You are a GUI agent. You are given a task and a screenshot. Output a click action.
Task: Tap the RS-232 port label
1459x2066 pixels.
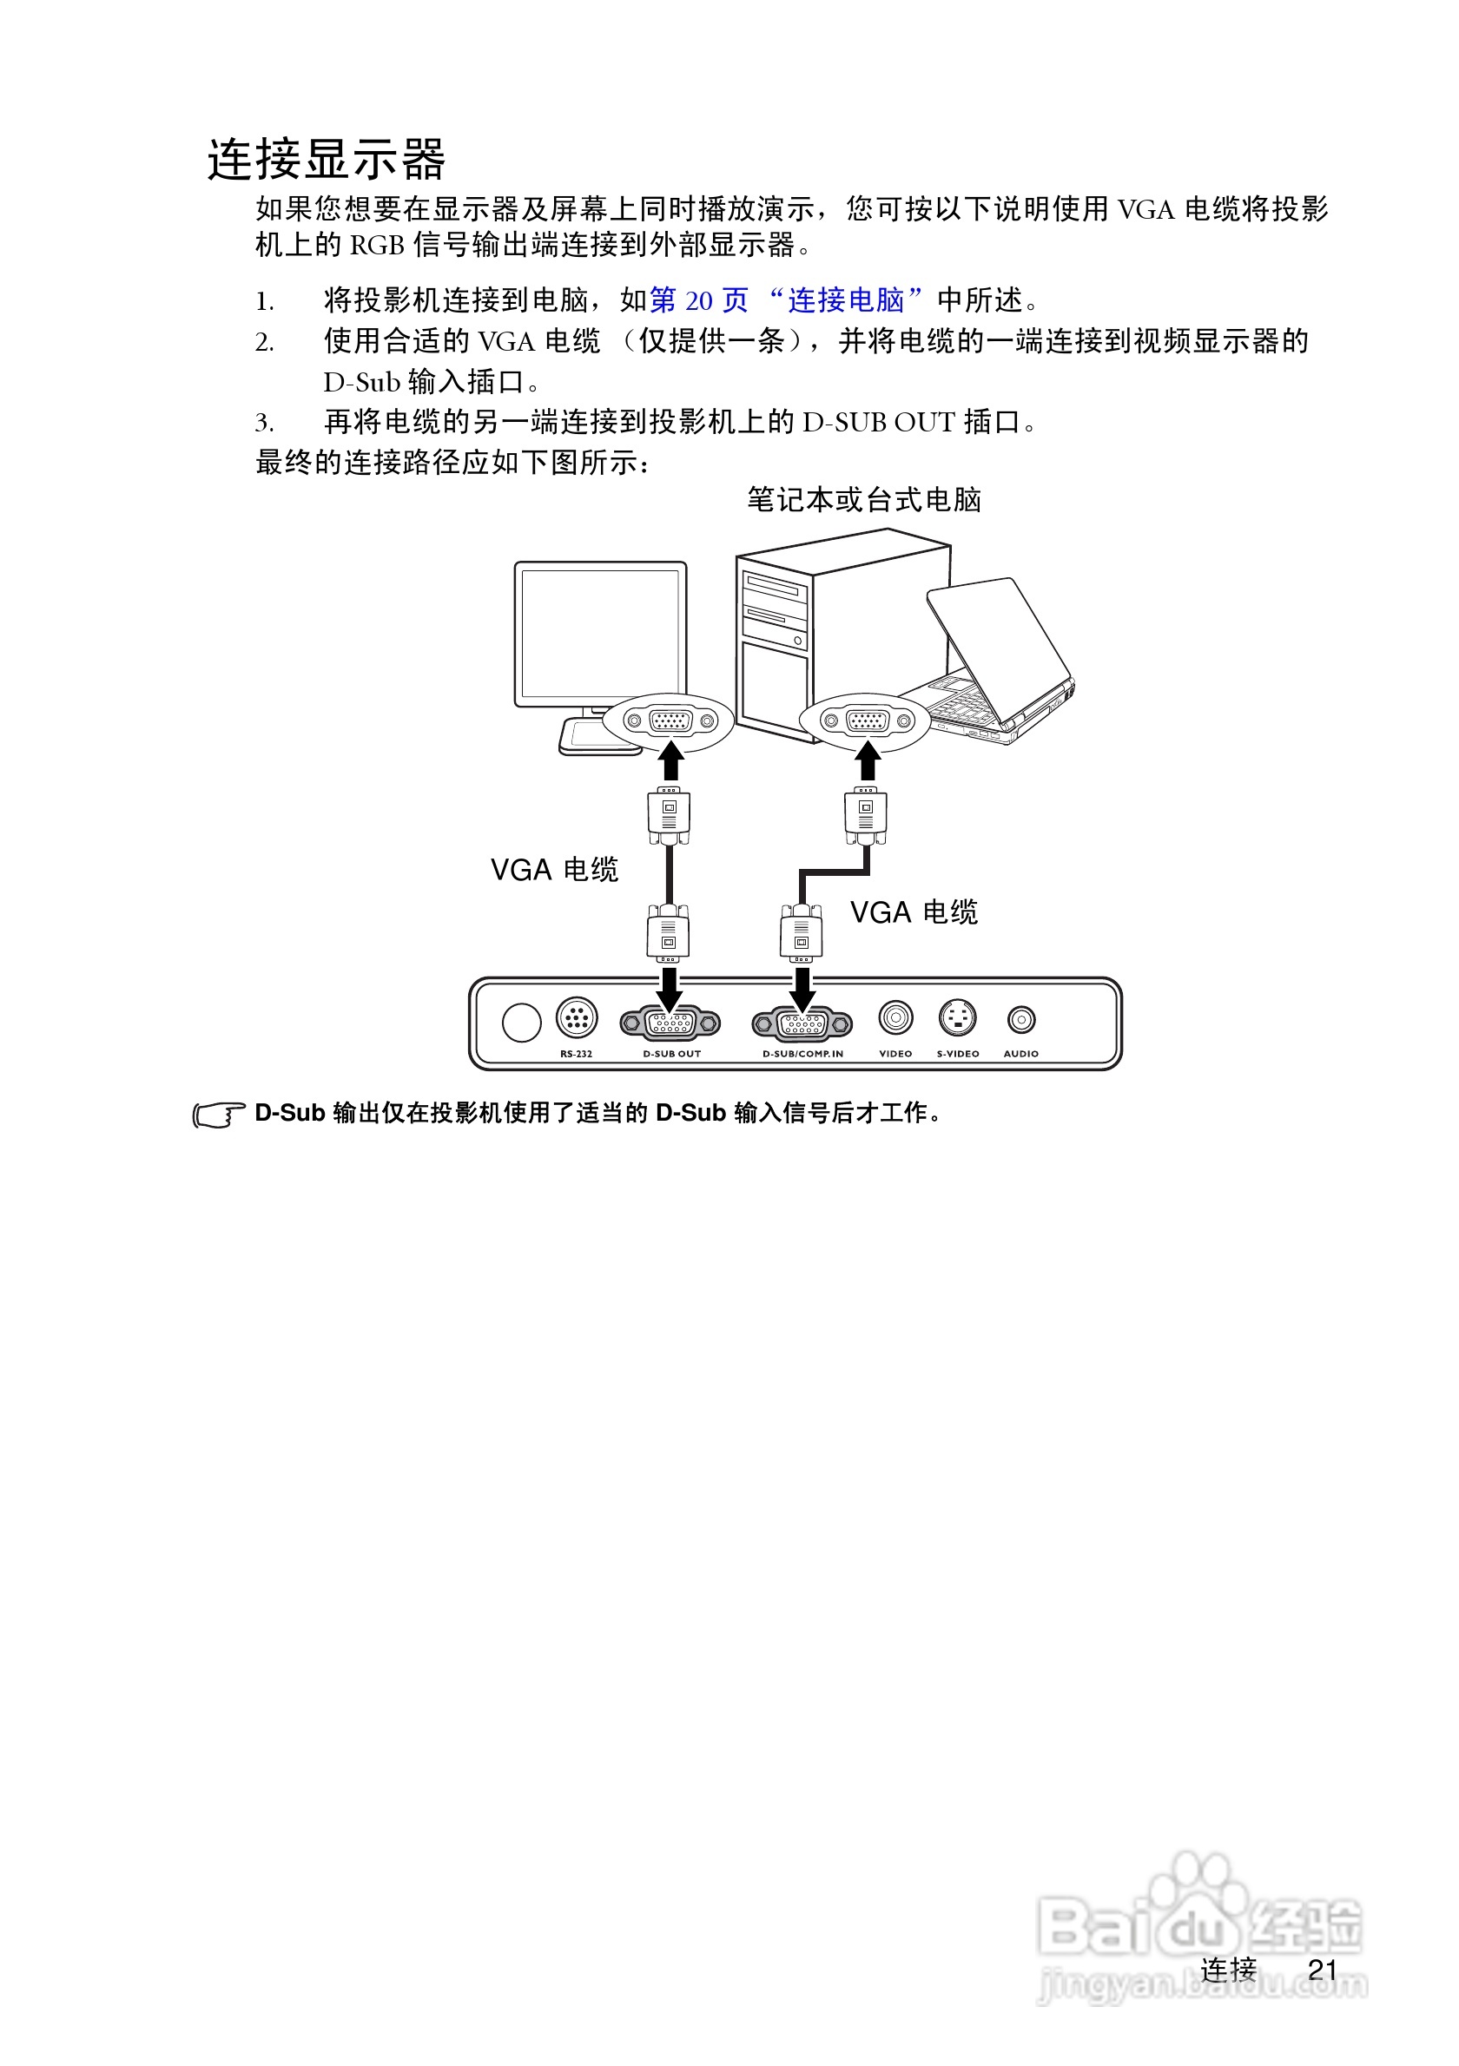tap(576, 1054)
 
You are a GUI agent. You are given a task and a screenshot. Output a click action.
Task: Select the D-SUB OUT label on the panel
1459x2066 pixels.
tap(671, 1054)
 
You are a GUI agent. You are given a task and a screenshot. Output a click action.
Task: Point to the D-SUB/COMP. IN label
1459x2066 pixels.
tap(802, 1054)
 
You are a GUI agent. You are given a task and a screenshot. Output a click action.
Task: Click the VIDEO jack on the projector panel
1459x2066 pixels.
tap(895, 1017)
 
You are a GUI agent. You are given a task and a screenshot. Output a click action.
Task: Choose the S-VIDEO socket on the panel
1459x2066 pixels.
tap(957, 1017)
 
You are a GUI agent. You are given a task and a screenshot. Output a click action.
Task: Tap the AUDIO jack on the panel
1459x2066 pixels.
tap(1020, 1019)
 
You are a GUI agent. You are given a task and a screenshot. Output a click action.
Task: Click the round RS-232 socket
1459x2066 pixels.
tap(576, 1017)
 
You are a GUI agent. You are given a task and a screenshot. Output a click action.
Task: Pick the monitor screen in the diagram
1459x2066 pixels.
tap(600, 633)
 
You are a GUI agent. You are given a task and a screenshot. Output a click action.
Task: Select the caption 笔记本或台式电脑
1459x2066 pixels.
tap(864, 499)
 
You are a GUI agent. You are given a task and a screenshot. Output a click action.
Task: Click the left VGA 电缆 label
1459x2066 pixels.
tap(554, 869)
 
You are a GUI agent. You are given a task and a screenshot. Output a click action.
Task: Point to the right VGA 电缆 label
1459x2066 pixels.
tap(914, 912)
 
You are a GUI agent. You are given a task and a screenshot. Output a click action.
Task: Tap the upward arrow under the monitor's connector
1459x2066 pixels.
tap(670, 760)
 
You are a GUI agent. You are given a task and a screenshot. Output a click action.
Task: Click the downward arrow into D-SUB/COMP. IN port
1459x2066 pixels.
tap(802, 990)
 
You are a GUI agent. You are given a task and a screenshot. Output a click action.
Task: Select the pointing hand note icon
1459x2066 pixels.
tap(218, 1115)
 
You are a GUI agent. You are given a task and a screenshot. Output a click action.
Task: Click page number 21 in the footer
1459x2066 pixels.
tap(1322, 1970)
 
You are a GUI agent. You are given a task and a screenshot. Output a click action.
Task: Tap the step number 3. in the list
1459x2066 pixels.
tap(264, 422)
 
